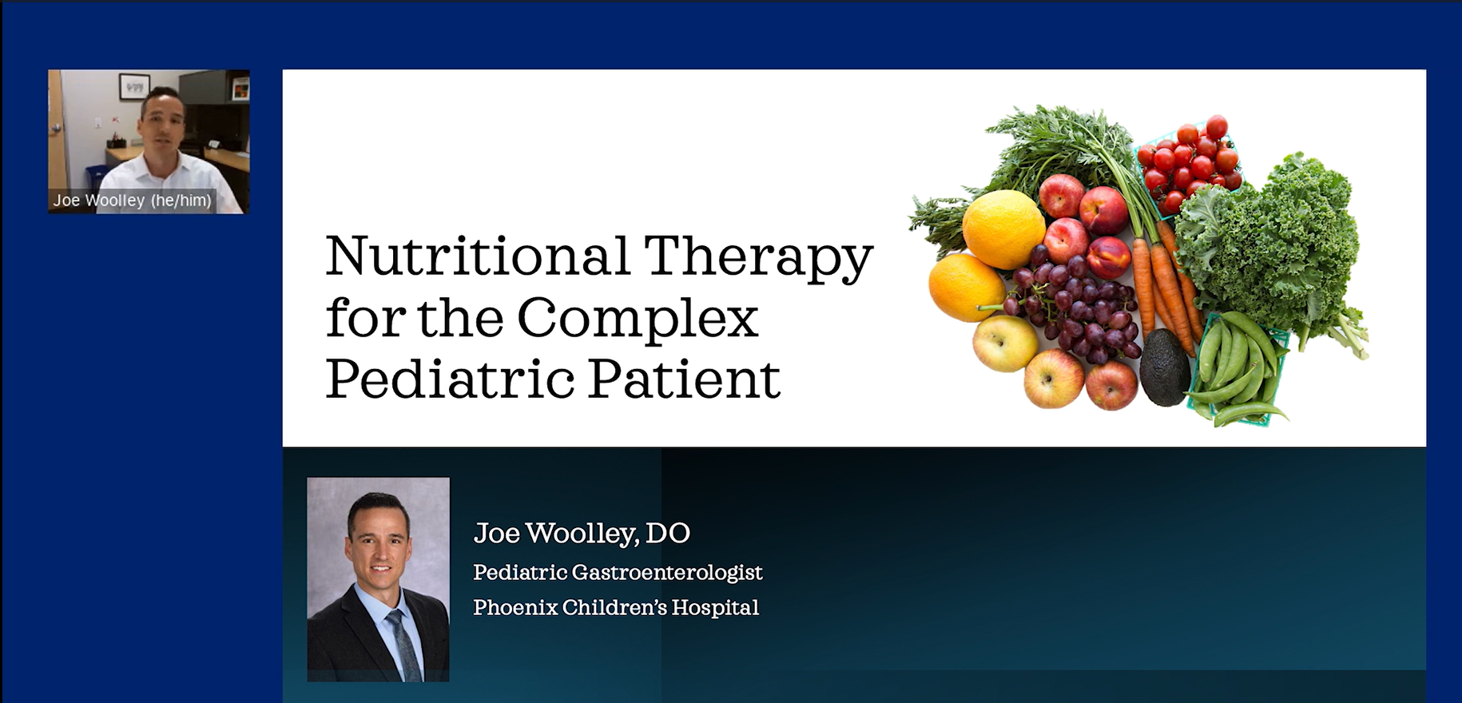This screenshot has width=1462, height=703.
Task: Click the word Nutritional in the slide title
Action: coord(478,256)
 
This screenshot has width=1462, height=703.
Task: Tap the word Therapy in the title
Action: coord(758,258)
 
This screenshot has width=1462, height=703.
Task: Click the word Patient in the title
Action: coord(685,378)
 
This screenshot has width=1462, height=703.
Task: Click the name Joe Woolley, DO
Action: coord(582,533)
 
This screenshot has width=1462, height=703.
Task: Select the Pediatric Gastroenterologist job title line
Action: coord(618,573)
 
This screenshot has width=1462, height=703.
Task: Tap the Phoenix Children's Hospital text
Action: coord(616,607)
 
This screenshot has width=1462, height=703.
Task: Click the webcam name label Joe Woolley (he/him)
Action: coord(132,200)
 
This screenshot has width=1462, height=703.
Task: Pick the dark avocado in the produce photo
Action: coord(1164,367)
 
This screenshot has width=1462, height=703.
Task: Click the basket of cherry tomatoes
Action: coord(1187,164)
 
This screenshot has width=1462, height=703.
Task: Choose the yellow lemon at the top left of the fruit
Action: coord(1003,229)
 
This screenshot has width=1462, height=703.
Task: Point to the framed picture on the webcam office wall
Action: coord(134,85)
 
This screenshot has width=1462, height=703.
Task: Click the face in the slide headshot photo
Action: coord(379,541)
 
